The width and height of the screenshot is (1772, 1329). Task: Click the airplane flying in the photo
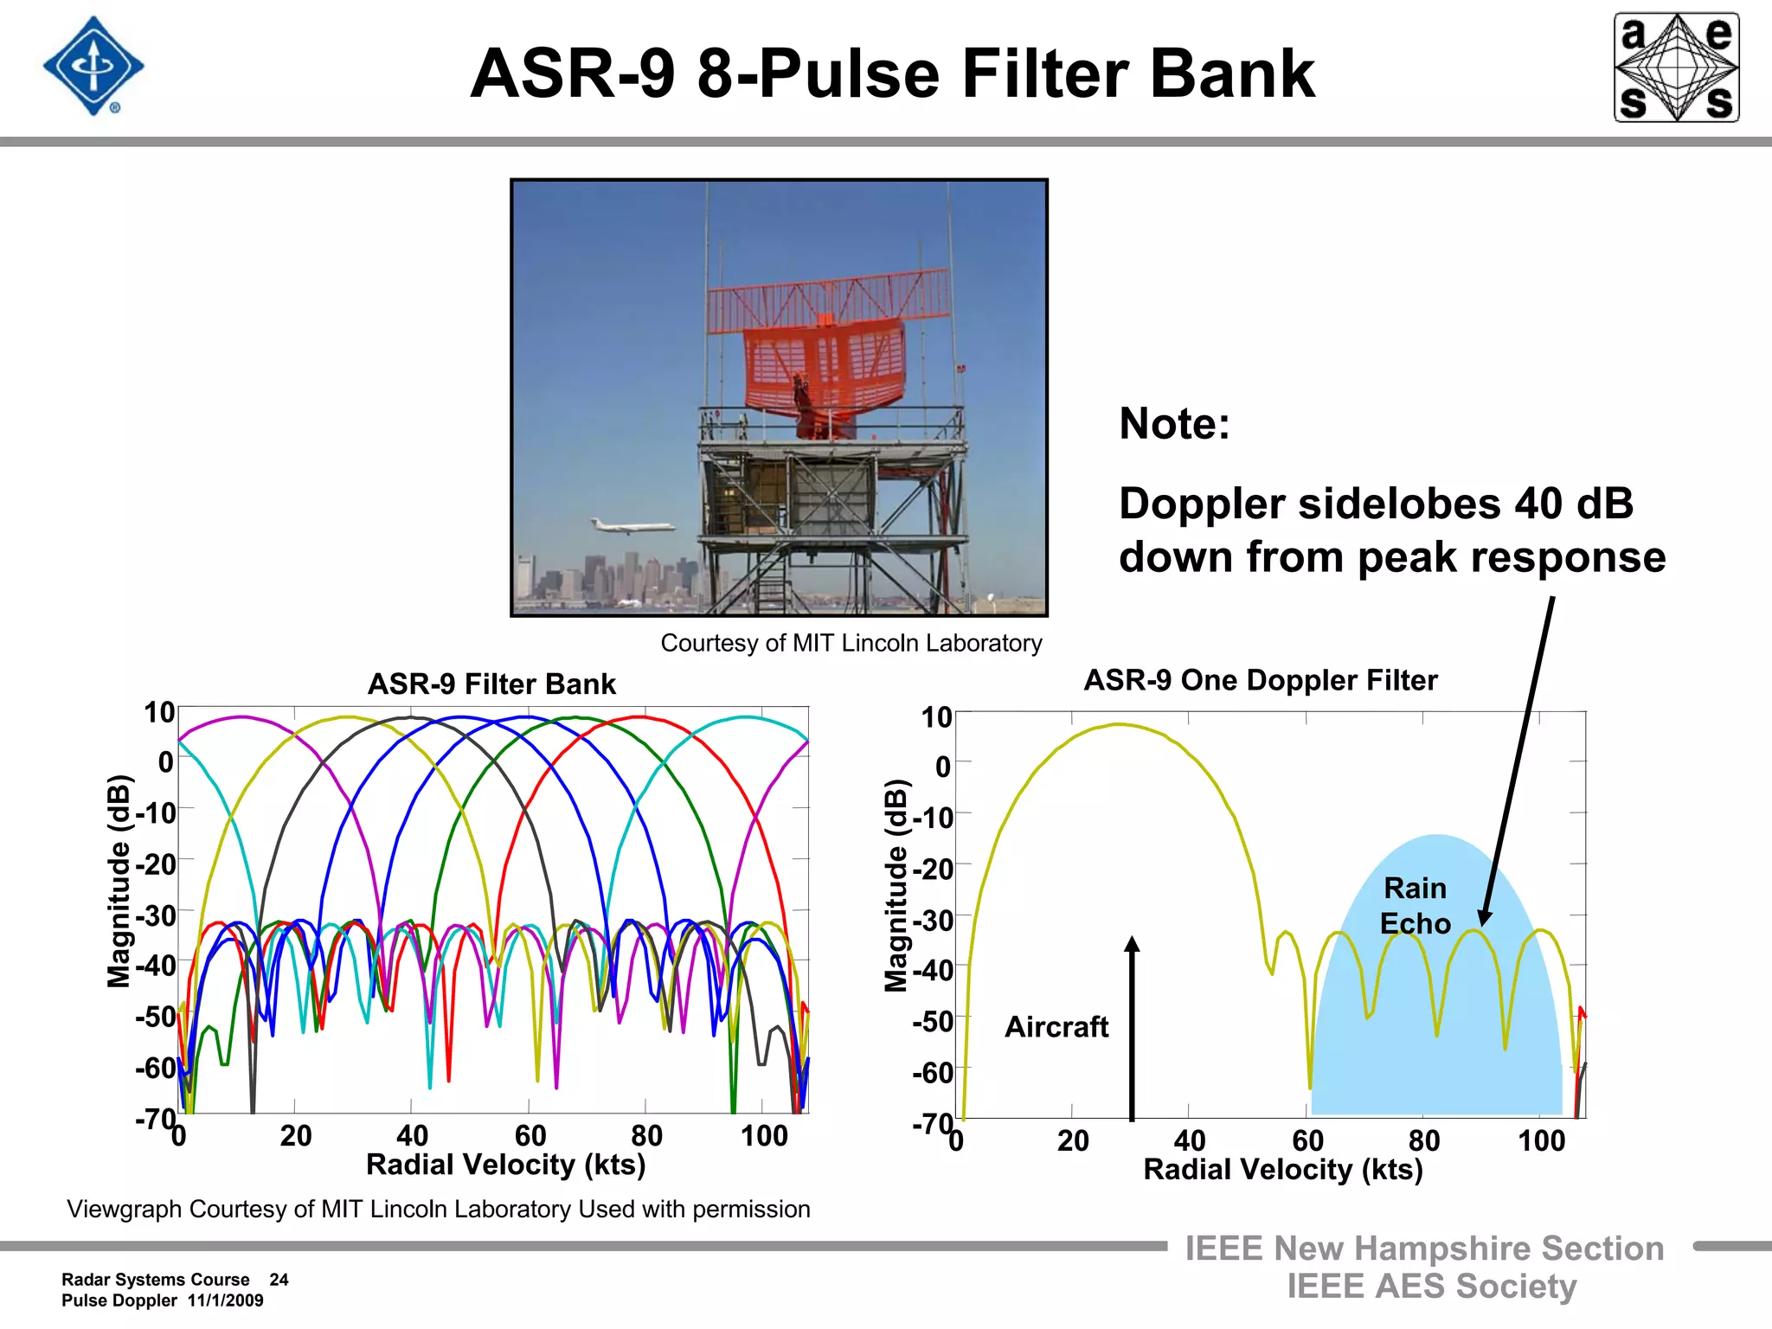[631, 526]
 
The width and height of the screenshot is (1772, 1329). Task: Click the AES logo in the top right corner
[1676, 67]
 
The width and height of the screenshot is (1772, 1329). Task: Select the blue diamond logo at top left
[93, 66]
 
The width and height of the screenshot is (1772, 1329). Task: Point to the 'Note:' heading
[1174, 424]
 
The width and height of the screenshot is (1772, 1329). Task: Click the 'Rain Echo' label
[1415, 905]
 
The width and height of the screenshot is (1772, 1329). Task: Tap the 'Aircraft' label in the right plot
[1056, 1027]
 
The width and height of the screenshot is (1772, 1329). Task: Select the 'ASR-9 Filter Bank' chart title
[491, 684]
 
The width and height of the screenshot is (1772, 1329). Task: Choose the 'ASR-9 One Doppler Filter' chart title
[1260, 680]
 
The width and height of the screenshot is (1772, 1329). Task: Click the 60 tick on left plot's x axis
[530, 1135]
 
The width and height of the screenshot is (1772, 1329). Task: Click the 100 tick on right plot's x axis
[1541, 1140]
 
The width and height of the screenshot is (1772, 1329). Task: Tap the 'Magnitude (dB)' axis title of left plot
[118, 881]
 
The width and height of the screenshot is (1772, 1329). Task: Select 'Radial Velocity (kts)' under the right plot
[1282, 1170]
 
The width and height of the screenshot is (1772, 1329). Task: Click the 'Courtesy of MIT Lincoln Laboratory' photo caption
[851, 644]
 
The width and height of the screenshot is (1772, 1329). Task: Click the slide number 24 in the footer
[279, 1280]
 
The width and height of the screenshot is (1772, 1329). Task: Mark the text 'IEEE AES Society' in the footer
[1431, 1287]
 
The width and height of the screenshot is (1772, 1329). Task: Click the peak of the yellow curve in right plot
[1119, 724]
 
